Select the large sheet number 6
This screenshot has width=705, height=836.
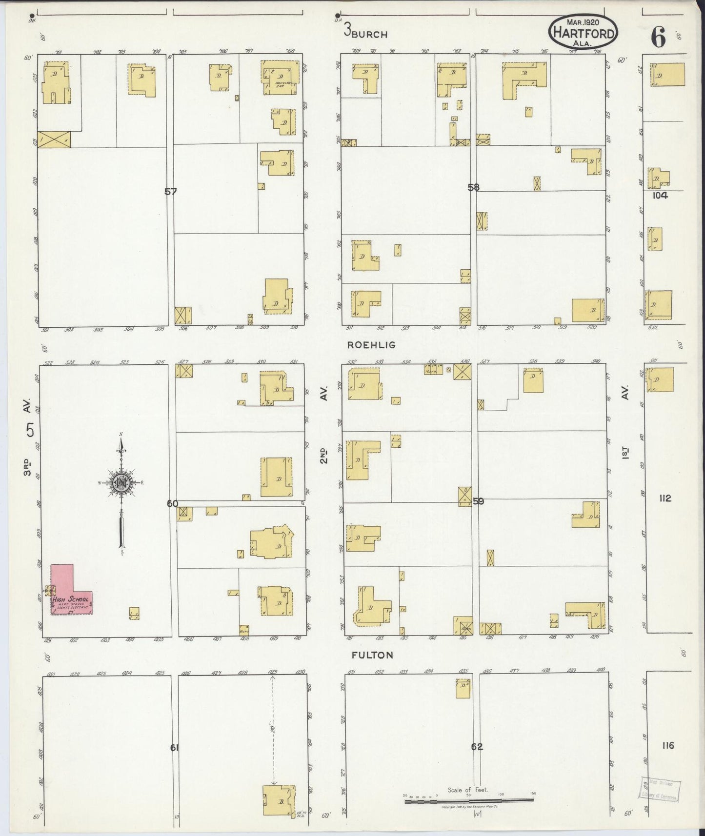pos(658,37)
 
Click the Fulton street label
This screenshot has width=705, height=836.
pos(372,655)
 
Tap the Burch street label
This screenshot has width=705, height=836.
pos(369,34)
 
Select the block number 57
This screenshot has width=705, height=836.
pos(170,192)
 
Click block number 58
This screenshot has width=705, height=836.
pos(473,187)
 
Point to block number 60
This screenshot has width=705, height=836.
pos(172,504)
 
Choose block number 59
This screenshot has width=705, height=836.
pos(478,501)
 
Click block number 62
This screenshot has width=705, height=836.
pos(477,746)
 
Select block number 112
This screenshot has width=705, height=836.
pos(665,498)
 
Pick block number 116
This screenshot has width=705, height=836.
pos(668,745)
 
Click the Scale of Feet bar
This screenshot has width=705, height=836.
pos(469,800)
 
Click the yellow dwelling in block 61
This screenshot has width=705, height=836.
pos(279,800)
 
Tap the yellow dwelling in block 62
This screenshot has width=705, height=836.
pos(463,689)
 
